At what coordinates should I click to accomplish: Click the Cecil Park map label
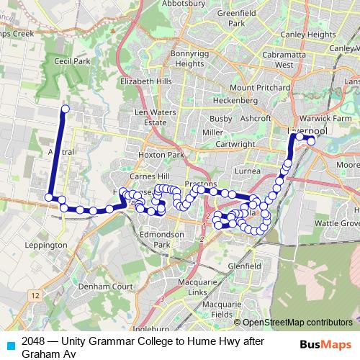(71, 62)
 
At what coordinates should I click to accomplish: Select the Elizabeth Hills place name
(148, 81)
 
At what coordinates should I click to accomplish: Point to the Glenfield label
(244, 265)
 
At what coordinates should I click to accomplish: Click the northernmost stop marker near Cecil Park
(65, 109)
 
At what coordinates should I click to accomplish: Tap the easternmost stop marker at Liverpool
(311, 141)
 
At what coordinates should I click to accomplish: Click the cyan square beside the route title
(10, 345)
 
